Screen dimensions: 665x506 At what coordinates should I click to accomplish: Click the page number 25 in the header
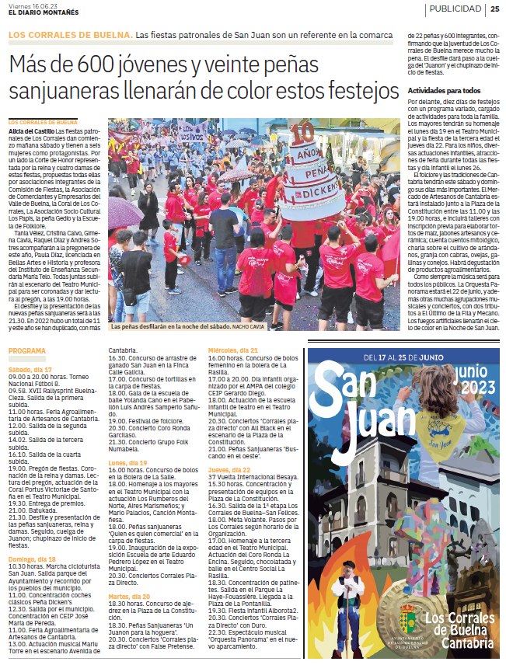(494, 9)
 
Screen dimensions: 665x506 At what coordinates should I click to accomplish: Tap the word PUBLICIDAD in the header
(454, 9)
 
